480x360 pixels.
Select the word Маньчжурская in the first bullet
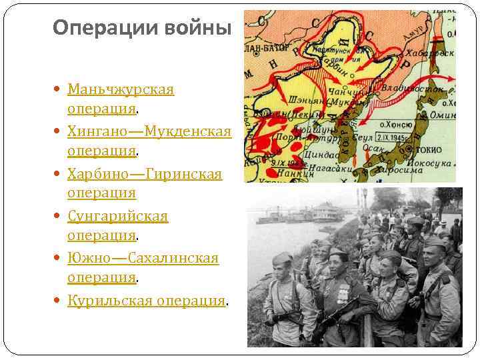click(121, 89)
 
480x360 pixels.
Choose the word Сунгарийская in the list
click(117, 216)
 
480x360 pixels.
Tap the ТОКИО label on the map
click(434, 148)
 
